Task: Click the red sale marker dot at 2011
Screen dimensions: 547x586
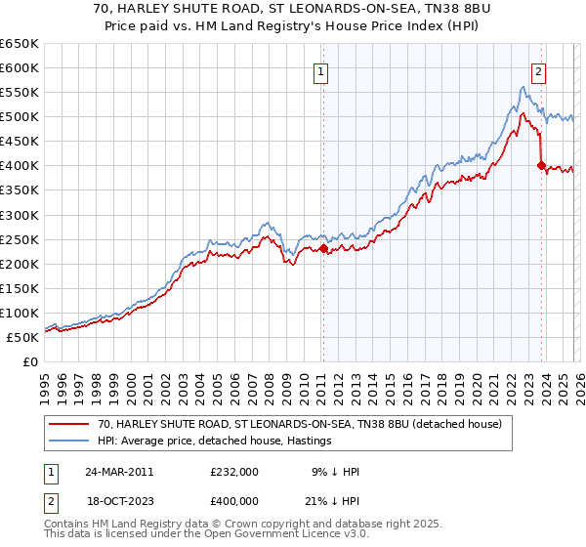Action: pos(323,248)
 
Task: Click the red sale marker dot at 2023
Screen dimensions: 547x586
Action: pos(540,165)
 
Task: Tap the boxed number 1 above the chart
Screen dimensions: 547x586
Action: pos(321,70)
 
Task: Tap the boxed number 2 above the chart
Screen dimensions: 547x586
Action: pos(538,70)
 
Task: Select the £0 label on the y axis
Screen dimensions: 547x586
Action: pos(29,362)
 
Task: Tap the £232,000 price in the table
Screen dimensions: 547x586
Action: pos(234,472)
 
